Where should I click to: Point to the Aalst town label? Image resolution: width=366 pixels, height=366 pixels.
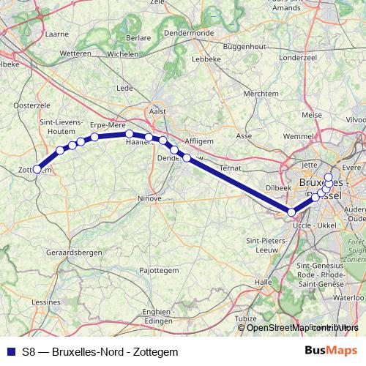click(158, 111)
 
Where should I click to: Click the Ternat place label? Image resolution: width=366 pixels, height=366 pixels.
click(229, 168)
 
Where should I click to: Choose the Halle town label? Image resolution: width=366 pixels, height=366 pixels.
click(263, 282)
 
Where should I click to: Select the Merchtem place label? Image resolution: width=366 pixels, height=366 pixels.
click(261, 94)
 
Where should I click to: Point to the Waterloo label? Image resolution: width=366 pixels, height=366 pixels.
click(348, 299)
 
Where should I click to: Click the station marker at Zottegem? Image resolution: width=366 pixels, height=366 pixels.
click(37, 169)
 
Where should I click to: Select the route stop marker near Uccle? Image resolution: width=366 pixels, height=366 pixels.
click(292, 212)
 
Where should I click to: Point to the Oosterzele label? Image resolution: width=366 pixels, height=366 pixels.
click(31, 105)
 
